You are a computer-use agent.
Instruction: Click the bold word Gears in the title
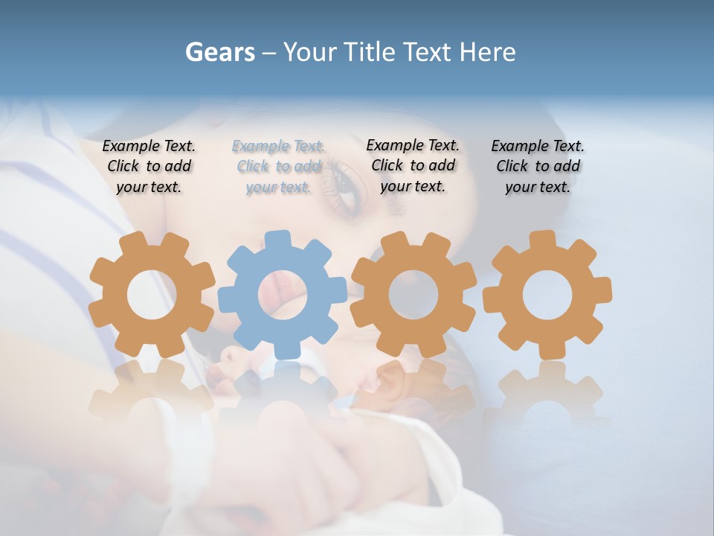pos(220,52)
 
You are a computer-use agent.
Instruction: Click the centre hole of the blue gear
pos(283,295)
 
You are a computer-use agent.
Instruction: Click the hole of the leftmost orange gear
pos(152,295)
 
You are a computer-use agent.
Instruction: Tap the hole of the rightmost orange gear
pos(547,295)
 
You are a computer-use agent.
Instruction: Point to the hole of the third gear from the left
pos(414,295)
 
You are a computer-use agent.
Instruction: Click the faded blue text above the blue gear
pos(279,167)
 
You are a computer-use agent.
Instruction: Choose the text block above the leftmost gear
pos(149,167)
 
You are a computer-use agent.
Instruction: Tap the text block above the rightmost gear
pos(538,167)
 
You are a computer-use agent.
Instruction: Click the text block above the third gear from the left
pos(413,165)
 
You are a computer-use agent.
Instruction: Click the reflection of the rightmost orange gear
pos(547,395)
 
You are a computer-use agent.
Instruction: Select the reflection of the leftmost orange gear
pos(152,395)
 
